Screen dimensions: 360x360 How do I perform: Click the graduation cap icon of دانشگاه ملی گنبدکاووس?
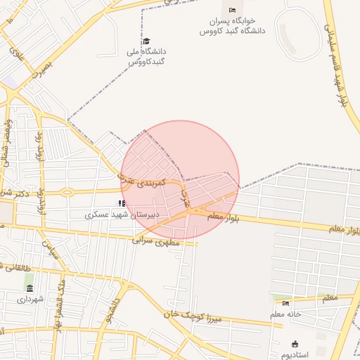pyautogui.click(x=146, y=41)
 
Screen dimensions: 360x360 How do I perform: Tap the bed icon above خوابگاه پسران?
pyautogui.click(x=233, y=10)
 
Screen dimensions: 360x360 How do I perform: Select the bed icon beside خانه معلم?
pyautogui.click(x=285, y=303)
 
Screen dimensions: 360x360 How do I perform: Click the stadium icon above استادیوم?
pyautogui.click(x=295, y=344)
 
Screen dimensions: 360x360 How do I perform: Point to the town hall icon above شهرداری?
pyautogui.click(x=29, y=288)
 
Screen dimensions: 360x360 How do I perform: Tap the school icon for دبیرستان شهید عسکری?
pyautogui.click(x=122, y=203)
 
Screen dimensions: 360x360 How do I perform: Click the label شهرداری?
pyautogui.click(x=30, y=300)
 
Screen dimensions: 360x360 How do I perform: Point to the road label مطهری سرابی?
pyautogui.click(x=156, y=240)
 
